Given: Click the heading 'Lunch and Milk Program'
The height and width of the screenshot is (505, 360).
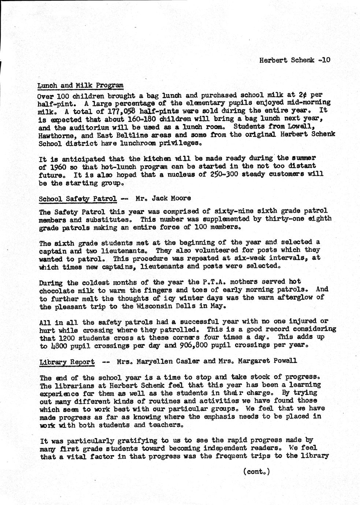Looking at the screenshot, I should tap(80, 86).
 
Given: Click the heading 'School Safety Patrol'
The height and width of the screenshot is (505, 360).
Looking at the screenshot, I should tap(78, 199).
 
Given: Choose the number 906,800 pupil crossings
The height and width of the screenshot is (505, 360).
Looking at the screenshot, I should tap(195, 345).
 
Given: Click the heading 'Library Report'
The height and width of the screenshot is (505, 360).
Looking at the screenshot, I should tap(66, 362).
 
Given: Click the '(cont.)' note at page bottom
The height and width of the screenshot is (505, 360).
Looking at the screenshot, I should tap(256, 471).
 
